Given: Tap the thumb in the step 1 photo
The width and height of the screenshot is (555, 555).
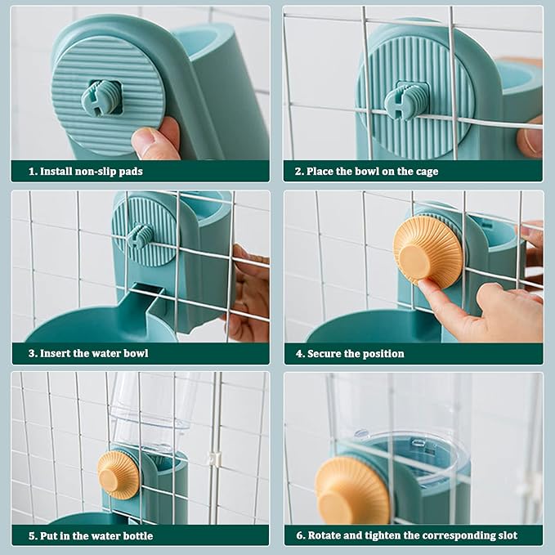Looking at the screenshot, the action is [153, 140].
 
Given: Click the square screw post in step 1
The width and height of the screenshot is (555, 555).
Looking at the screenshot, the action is [101, 97].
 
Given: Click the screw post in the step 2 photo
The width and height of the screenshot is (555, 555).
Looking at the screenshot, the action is [406, 100].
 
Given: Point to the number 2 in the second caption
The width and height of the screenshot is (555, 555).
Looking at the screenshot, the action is [298, 172].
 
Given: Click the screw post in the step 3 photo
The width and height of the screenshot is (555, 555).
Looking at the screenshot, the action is [140, 235].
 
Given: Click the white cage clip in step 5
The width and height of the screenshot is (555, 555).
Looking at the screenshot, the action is [214, 459].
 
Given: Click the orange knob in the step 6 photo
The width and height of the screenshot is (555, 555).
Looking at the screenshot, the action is [352, 490].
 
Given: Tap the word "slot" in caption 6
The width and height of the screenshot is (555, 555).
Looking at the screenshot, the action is [507, 535].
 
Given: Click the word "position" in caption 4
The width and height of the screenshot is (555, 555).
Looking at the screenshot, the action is [384, 354].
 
